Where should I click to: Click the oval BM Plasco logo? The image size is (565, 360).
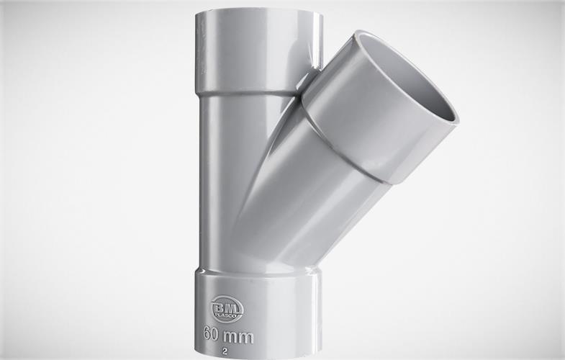225,309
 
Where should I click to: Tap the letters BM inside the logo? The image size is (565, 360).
225,306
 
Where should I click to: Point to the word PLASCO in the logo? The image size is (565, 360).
225,315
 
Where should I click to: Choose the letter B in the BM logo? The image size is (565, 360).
220,306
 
